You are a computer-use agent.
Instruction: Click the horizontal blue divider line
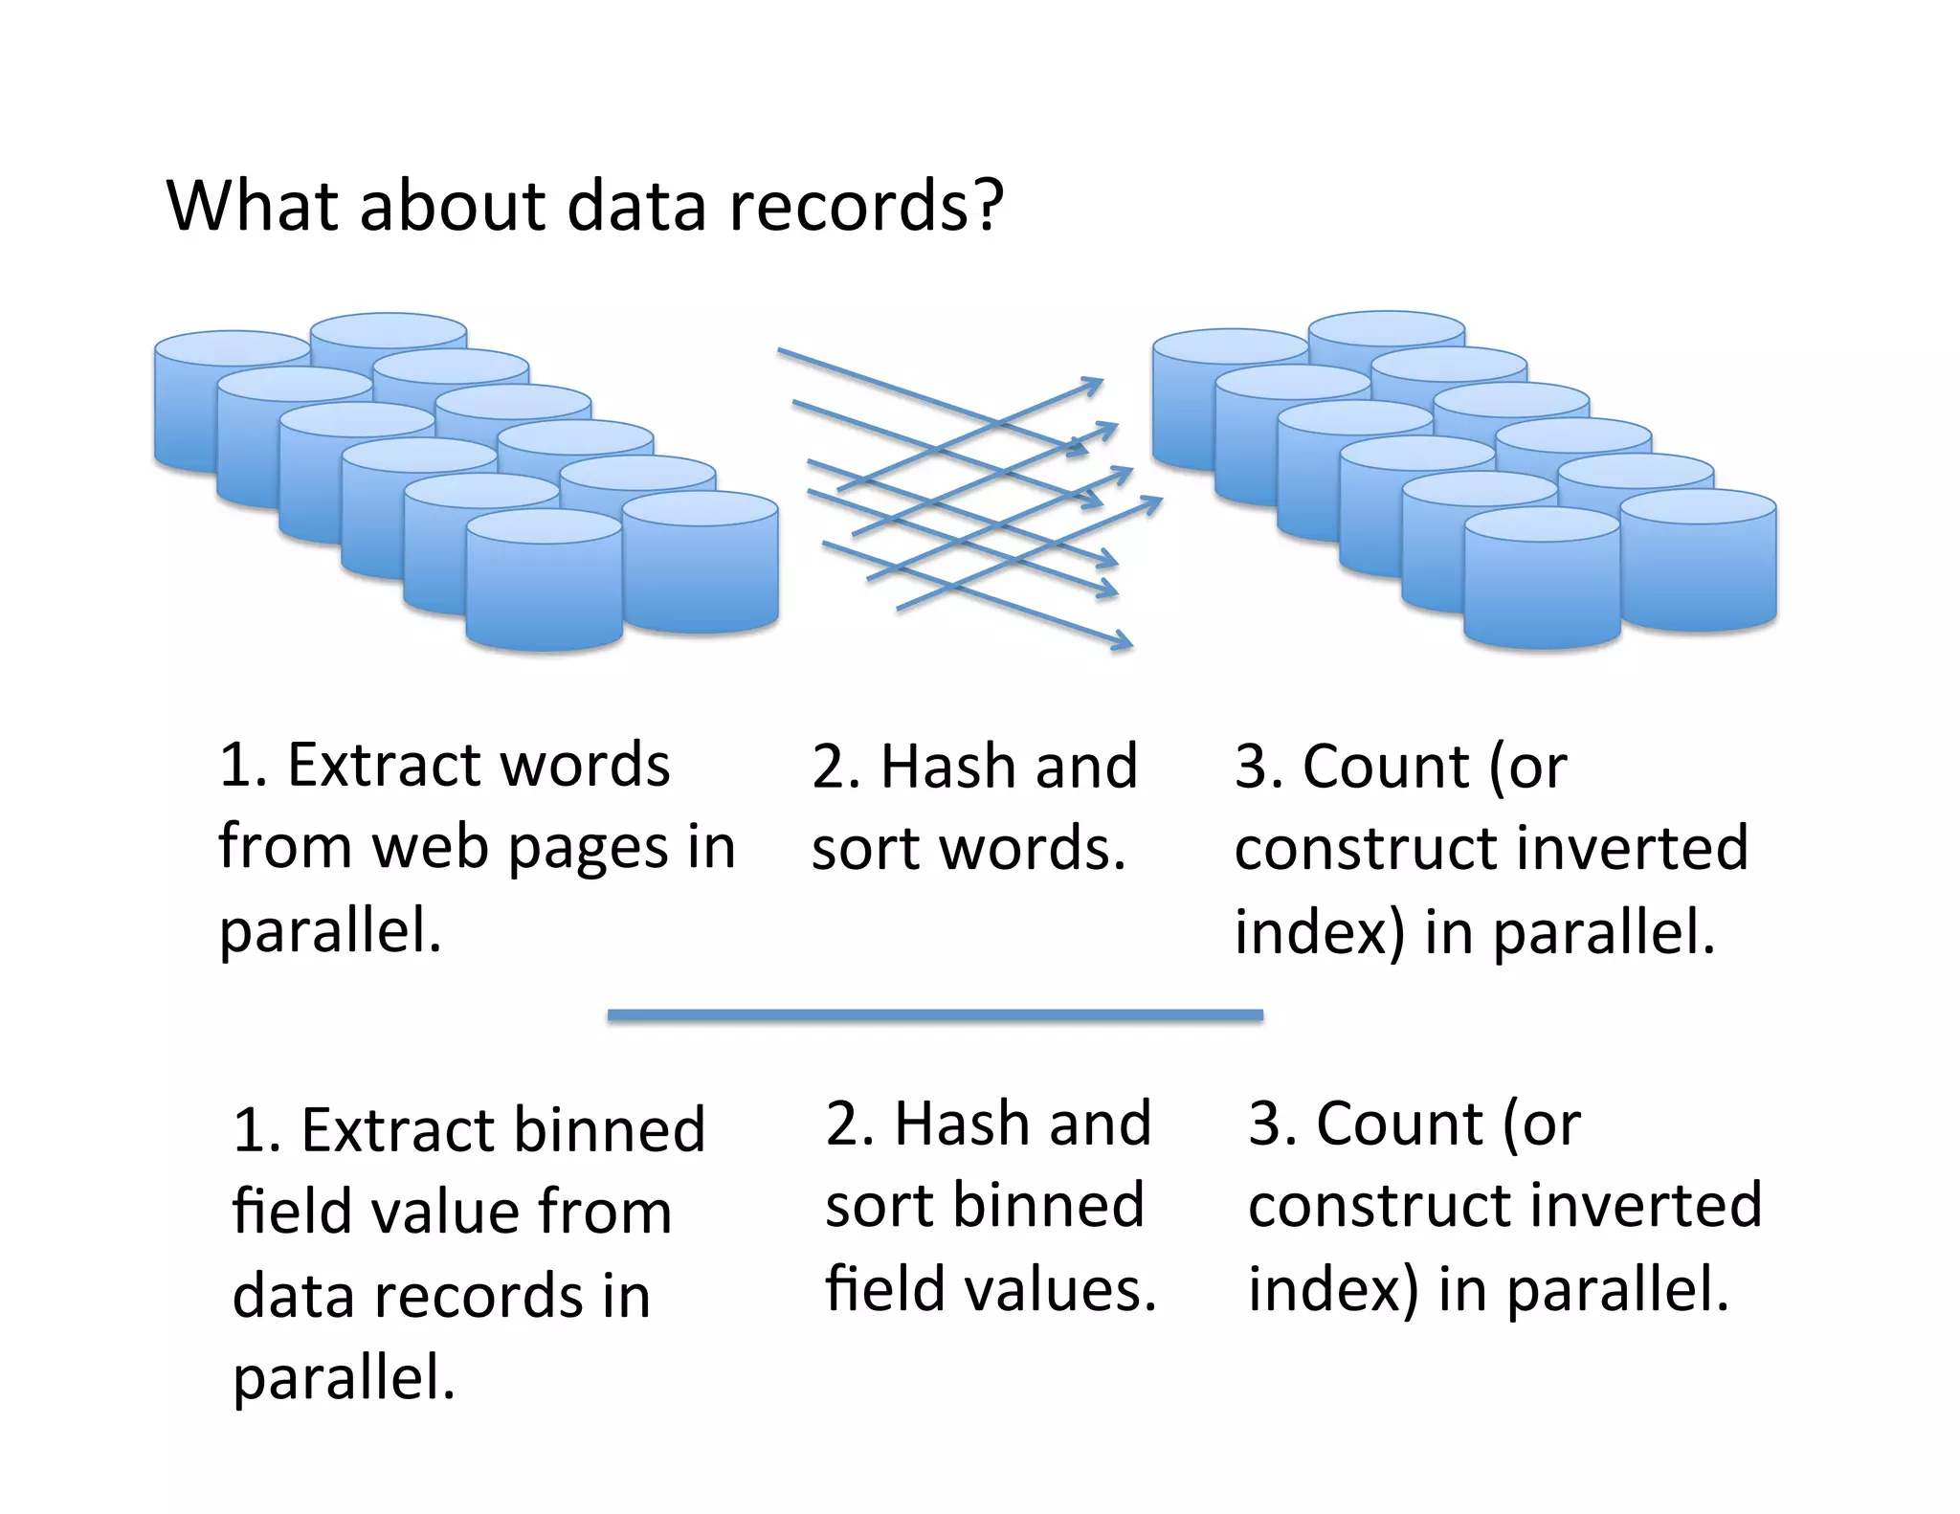click(x=935, y=1015)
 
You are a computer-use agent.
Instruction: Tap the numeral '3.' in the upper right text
click(x=1258, y=766)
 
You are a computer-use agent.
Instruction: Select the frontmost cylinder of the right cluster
click(x=1542, y=580)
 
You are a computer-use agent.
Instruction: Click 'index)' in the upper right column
click(x=1319, y=931)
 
